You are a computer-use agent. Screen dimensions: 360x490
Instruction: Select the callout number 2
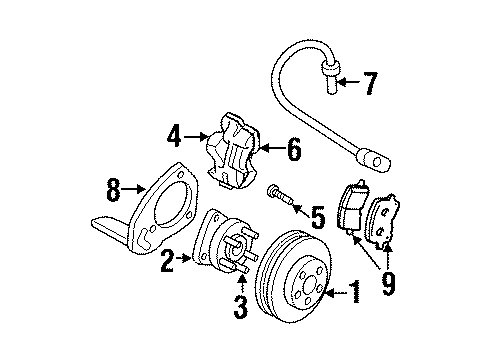(169, 262)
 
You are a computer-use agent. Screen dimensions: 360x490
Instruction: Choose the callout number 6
(293, 150)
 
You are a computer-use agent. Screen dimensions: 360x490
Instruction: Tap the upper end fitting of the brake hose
(330, 75)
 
